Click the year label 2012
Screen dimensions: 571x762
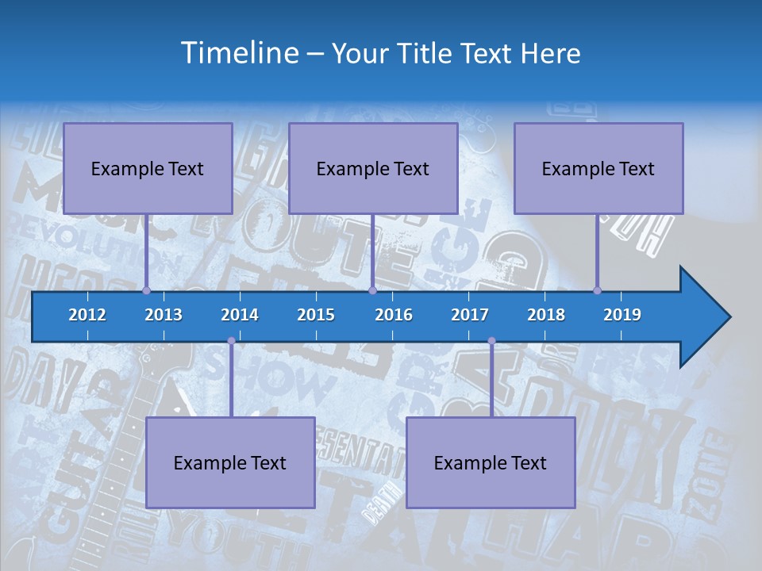[x=87, y=315]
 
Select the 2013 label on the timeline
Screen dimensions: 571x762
[x=164, y=315]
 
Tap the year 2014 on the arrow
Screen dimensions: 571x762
[x=240, y=315]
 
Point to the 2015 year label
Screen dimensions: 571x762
[x=316, y=315]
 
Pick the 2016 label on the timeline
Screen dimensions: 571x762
[x=394, y=315]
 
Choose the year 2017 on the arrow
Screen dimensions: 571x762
[x=470, y=315]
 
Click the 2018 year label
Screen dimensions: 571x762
[x=546, y=315]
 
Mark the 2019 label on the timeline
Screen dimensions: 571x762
[x=622, y=315]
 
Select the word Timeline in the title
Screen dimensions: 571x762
[x=239, y=53]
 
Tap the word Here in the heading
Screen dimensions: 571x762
[x=551, y=54]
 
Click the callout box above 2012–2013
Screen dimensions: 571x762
[x=148, y=168]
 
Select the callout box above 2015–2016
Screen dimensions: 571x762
[x=373, y=168]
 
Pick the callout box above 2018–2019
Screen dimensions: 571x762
[x=598, y=168]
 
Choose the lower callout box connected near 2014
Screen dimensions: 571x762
[x=230, y=462]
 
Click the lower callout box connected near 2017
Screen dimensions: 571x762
[x=491, y=462]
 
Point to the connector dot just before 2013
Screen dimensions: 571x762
[x=147, y=290]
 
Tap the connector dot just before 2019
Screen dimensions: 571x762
[x=598, y=290]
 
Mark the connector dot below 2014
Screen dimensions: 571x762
[x=231, y=341]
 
